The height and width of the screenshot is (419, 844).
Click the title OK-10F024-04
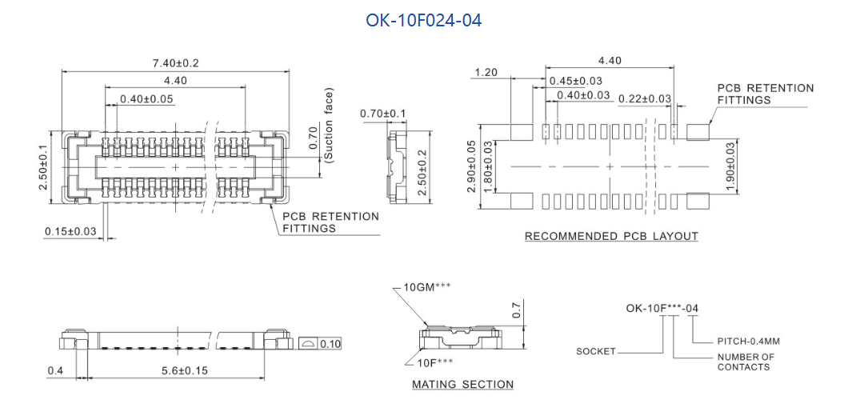pyautogui.click(x=423, y=20)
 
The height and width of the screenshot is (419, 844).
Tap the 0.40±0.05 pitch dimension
pyautogui.click(x=146, y=99)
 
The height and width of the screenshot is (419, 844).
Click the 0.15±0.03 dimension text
pyautogui.click(x=70, y=232)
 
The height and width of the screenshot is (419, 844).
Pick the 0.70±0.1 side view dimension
pyautogui.click(x=382, y=114)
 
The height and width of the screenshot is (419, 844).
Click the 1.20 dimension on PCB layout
pyautogui.click(x=486, y=73)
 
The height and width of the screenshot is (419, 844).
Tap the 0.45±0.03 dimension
pyautogui.click(x=575, y=81)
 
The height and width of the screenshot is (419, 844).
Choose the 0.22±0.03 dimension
pyautogui.click(x=645, y=98)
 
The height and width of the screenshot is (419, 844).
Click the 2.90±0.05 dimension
pyautogui.click(x=471, y=166)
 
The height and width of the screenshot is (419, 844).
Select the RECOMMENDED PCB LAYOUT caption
pyautogui.click(x=611, y=237)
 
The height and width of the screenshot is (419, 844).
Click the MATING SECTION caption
pyautogui.click(x=462, y=385)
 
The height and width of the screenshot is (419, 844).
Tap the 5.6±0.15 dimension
pyautogui.click(x=174, y=371)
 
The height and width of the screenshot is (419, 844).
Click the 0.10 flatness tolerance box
pyautogui.click(x=330, y=344)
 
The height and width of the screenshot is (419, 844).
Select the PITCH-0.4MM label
pyautogui.click(x=748, y=341)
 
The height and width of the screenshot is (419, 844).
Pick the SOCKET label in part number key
pyautogui.click(x=596, y=352)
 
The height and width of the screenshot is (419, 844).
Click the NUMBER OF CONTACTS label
pyautogui.click(x=746, y=362)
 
